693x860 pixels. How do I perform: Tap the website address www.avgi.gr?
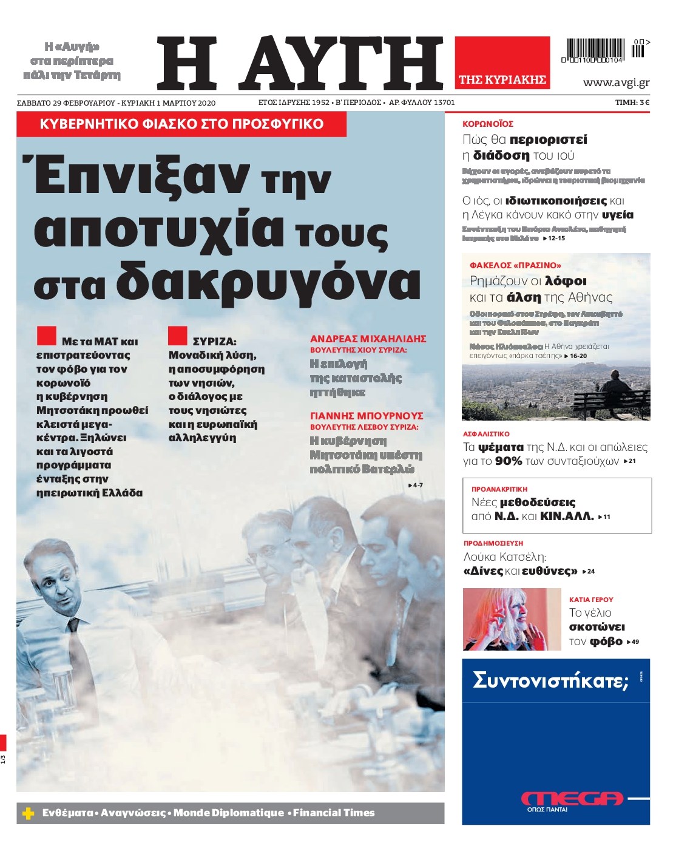[616, 83]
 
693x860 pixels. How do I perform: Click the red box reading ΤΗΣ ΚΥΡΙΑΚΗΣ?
[502, 80]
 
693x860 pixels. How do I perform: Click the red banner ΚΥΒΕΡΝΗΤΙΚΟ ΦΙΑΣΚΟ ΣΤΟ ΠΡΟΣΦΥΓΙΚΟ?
[181, 124]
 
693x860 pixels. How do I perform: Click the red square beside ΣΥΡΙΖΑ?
[177, 336]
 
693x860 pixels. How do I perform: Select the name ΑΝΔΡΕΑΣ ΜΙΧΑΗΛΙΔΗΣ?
[368, 339]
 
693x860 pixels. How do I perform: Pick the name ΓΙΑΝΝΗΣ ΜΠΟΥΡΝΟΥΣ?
[367, 416]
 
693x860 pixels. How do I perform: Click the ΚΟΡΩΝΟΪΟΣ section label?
[487, 124]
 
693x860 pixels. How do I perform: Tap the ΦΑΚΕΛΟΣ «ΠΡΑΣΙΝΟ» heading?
[515, 265]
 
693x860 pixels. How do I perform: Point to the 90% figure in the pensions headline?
[509, 461]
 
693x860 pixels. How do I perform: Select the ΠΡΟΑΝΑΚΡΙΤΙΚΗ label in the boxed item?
[499, 489]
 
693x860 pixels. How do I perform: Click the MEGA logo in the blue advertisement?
[572, 798]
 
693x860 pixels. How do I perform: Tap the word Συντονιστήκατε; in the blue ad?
[550, 680]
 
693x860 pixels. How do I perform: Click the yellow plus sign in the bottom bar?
[28, 813]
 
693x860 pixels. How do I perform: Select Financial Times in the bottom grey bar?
[334, 813]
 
